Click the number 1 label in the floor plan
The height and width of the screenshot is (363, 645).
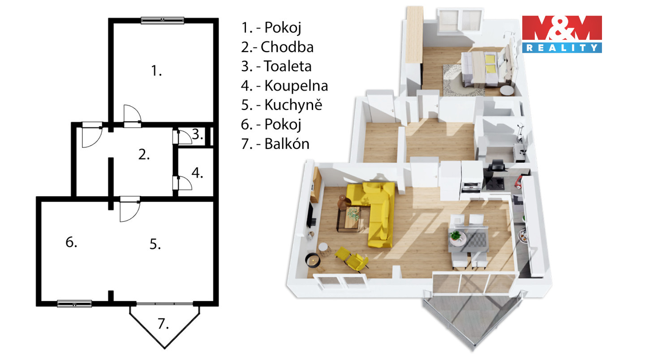click(x=156, y=71)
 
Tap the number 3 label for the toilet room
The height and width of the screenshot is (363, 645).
click(x=198, y=134)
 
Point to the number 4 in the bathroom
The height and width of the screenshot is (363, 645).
click(x=197, y=173)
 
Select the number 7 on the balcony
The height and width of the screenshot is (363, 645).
click(x=163, y=324)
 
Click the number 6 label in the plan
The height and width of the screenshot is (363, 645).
click(x=71, y=242)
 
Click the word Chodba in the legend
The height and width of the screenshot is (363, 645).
click(x=287, y=47)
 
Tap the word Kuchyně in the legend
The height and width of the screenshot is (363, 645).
click(x=293, y=104)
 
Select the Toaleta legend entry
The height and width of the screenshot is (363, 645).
click(x=288, y=66)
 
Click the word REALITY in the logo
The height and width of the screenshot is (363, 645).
click(x=562, y=48)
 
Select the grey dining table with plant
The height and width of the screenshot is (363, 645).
click(x=469, y=239)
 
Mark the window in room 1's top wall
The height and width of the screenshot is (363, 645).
click(x=163, y=20)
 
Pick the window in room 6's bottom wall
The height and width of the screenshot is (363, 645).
click(x=74, y=304)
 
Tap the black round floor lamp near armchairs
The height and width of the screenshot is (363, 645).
click(x=313, y=260)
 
